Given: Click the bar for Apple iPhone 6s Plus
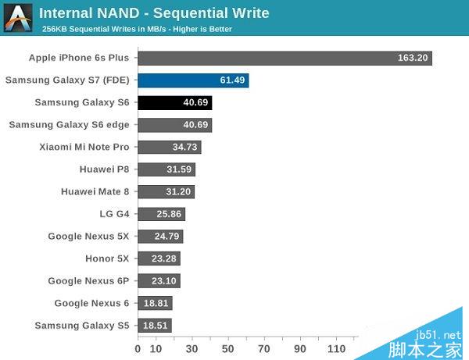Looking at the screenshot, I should click(x=285, y=58).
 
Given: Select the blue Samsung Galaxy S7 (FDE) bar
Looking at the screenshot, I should click(x=193, y=80).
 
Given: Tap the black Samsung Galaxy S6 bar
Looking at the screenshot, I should click(x=175, y=102).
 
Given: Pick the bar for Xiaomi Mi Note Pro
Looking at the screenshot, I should click(x=170, y=147).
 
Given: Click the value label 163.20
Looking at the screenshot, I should click(x=412, y=58).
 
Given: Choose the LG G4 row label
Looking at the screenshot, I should click(x=115, y=213).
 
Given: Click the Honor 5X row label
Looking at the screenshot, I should click(x=107, y=258).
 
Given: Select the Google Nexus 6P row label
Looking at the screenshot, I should click(x=88, y=280).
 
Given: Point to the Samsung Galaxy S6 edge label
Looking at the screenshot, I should click(x=69, y=124).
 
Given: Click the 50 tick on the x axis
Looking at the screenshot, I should click(x=227, y=348).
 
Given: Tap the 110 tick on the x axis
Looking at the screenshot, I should click(x=337, y=348).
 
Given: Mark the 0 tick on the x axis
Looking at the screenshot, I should click(x=138, y=348).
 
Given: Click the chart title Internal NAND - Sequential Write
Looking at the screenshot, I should click(x=154, y=12).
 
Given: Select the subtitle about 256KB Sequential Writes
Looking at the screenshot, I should click(x=137, y=29).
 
